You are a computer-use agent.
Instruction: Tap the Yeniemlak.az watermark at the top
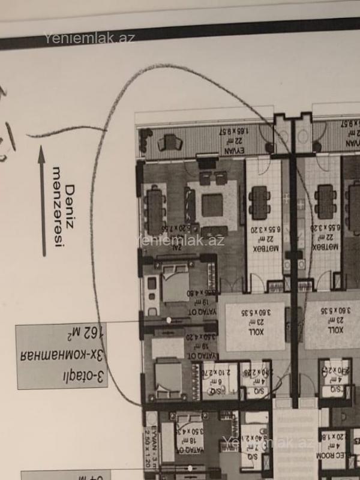(x=89, y=38)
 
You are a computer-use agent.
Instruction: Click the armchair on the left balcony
(x=171, y=143)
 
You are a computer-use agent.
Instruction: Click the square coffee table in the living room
(x=212, y=205)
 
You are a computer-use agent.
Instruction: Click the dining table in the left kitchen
(x=260, y=202)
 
